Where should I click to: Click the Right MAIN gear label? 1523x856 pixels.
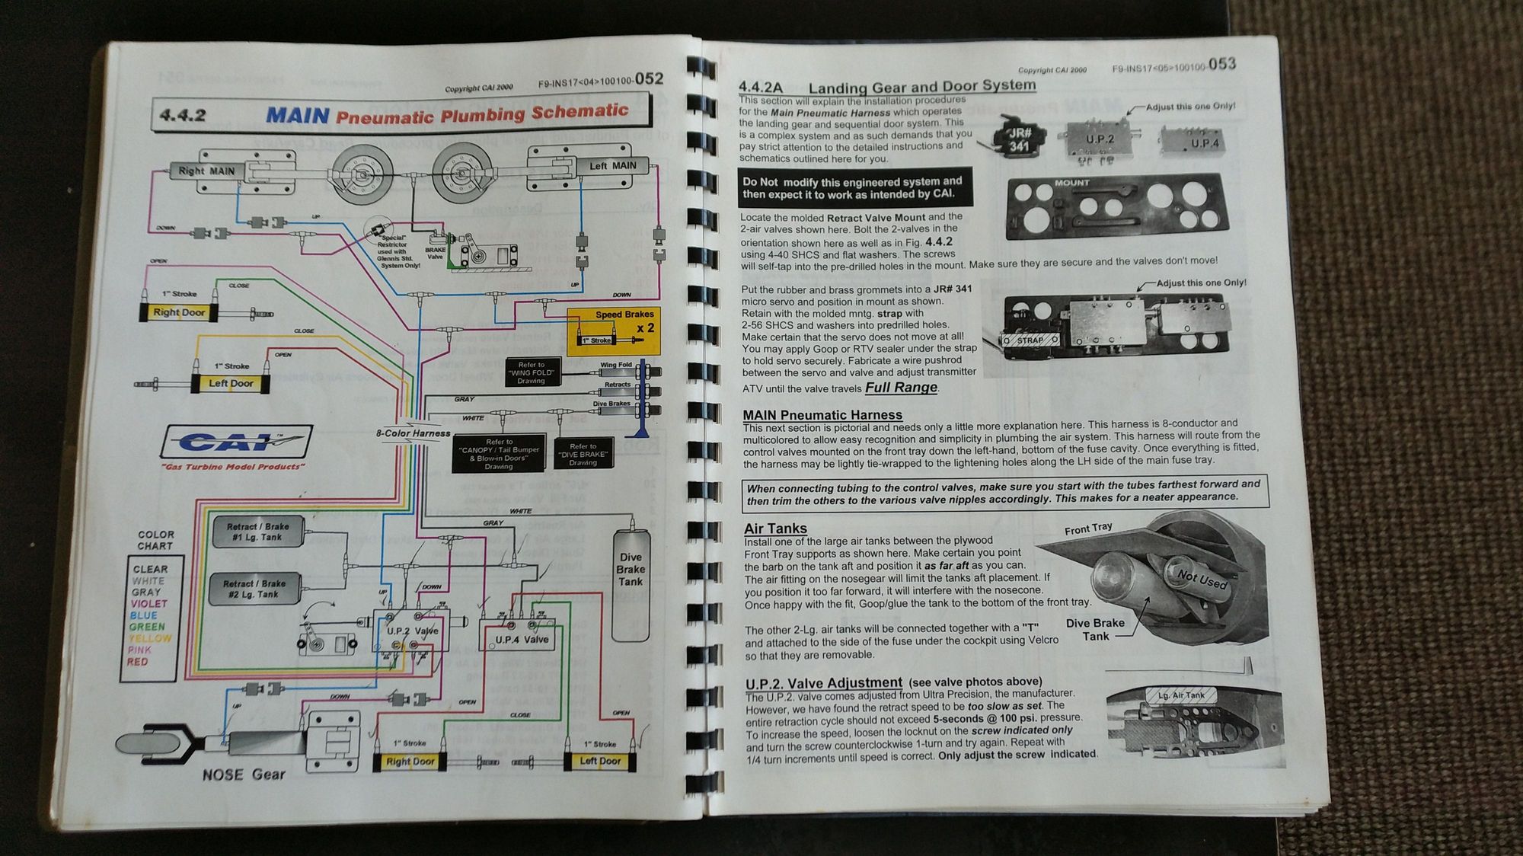point(206,171)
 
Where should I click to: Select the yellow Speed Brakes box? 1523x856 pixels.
point(614,331)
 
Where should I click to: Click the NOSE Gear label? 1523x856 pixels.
point(244,775)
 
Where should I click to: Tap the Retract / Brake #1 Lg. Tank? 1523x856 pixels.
point(257,532)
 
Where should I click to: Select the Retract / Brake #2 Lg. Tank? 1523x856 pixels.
point(255,589)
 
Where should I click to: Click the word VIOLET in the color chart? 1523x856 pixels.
point(148,604)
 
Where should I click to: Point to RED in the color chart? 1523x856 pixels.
point(138,662)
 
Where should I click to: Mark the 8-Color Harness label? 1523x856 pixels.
point(413,433)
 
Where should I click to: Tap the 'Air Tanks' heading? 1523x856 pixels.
point(775,529)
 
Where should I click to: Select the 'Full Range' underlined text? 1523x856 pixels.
point(901,388)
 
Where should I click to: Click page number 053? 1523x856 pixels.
point(1221,65)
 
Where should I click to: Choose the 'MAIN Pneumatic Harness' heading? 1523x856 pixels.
point(822,415)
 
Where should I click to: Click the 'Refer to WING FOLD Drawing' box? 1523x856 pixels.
point(532,372)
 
